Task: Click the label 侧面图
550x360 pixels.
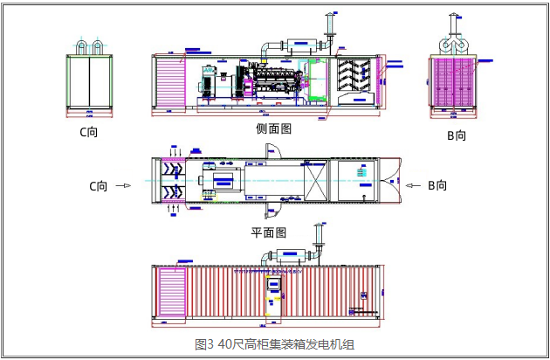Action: pos(273,128)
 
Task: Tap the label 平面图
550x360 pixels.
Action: pos(269,232)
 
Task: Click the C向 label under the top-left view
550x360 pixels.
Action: pos(89,133)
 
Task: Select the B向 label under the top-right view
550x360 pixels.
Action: pos(457,135)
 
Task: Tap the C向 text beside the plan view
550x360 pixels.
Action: pos(99,185)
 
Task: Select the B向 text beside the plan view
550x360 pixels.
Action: pos(437,185)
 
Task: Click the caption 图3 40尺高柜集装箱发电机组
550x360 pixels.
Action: pos(274,344)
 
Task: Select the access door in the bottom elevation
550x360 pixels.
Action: pos(274,297)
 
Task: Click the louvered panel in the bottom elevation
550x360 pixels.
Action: pos(170,294)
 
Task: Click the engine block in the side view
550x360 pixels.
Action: pos(277,80)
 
